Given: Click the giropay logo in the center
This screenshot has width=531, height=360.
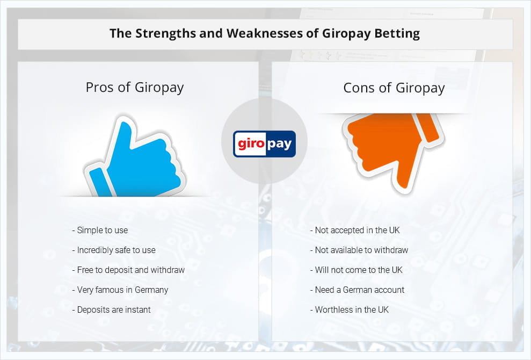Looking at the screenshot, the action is (x=264, y=143).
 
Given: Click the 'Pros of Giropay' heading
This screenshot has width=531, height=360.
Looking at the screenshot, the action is (x=134, y=88).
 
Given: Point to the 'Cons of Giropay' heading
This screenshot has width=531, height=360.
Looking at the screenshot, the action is (x=394, y=88).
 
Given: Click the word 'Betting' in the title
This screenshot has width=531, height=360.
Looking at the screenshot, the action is (x=397, y=33).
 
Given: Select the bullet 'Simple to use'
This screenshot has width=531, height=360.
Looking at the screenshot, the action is (x=100, y=230).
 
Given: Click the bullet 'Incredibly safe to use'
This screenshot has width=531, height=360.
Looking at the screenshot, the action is (x=114, y=250).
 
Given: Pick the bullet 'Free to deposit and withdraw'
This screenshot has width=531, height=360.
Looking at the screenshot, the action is (x=128, y=270).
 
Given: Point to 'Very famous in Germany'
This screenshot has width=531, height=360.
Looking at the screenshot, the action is (x=120, y=290).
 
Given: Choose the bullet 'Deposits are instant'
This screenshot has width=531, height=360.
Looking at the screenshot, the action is (x=111, y=310).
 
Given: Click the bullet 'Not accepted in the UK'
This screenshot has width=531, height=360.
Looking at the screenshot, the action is (x=355, y=230).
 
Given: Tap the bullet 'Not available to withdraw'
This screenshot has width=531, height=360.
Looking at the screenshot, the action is (x=359, y=250).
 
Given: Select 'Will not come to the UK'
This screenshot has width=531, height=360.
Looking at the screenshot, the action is (x=357, y=270).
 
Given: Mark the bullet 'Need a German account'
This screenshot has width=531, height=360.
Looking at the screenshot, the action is (x=357, y=290).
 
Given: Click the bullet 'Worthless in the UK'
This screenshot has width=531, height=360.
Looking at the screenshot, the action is (x=350, y=310).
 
